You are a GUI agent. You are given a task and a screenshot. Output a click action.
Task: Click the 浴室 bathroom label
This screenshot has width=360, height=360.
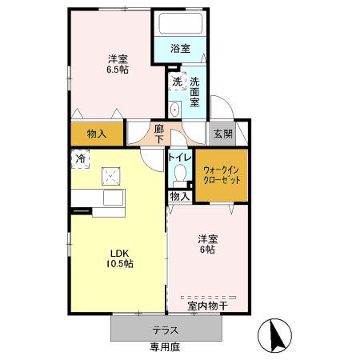pos(181,48)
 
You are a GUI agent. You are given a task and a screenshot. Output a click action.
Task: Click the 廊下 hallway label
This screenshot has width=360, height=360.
pos(159,134)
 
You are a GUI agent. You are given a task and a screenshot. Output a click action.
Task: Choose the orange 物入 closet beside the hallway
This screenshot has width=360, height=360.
pos(97,134)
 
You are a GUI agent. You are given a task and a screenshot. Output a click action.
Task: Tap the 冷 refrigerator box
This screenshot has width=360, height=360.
pos(80,159)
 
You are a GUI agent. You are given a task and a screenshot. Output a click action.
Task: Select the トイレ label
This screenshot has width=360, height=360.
pos(179,158)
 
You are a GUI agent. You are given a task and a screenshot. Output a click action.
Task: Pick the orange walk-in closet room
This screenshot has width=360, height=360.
pos(222,175)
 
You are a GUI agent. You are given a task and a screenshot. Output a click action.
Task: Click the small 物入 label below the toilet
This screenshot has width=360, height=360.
pos(179,196)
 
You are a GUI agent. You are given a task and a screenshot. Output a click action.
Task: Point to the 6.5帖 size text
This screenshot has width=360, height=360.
pos(118,70)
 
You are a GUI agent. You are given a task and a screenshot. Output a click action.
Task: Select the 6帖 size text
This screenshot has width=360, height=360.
pos(207,250)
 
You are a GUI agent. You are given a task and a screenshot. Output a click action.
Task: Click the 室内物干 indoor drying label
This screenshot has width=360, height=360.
pos(208,305)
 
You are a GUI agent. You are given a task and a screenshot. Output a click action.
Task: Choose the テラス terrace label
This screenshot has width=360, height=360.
pos(165,330)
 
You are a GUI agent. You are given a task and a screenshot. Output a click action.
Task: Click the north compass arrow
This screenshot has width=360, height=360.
pos(275,334)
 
